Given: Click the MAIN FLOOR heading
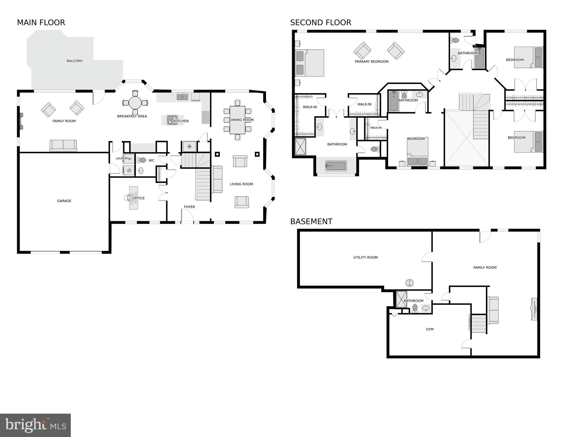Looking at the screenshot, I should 41,22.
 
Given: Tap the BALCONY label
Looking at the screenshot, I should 75,61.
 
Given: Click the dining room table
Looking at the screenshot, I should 237,120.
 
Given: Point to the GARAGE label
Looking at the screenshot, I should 64,201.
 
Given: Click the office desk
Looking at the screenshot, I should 134,198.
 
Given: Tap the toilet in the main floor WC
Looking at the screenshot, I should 142,160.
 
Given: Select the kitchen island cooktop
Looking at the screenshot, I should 172,120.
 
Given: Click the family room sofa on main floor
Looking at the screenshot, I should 63,145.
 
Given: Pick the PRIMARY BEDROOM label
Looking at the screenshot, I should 371,61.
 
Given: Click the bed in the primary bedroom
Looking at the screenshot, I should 310,63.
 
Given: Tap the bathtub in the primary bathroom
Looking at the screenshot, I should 336,166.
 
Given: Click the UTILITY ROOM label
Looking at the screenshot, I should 365,257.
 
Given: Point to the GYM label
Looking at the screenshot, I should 429,329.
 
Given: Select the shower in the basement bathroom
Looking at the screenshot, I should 402,299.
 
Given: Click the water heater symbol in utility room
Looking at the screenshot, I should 409,283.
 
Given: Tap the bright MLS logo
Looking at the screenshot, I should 35,425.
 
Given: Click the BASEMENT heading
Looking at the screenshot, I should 311,221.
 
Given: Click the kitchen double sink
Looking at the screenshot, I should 182,97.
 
